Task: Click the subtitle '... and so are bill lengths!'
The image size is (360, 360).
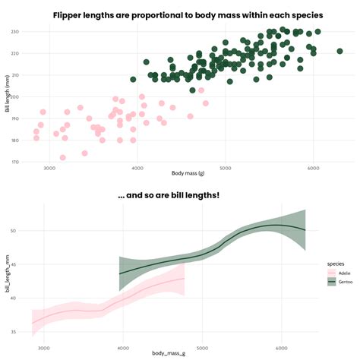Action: click(169, 195)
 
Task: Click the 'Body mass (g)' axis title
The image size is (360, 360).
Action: click(188, 174)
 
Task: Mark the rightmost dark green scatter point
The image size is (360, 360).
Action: click(339, 51)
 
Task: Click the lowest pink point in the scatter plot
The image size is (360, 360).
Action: click(63, 157)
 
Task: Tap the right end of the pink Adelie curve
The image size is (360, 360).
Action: click(185, 279)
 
